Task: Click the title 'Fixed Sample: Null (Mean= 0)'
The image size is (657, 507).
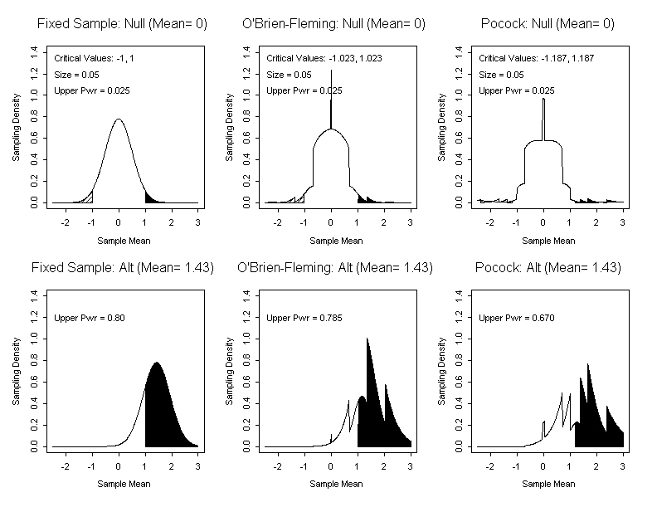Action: (x=122, y=24)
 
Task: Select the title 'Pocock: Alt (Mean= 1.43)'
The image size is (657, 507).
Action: (x=547, y=267)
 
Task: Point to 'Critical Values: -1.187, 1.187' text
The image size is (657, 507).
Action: (x=537, y=58)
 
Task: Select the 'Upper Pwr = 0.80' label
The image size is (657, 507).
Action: (x=90, y=318)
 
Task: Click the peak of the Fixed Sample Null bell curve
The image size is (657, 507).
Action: (x=119, y=119)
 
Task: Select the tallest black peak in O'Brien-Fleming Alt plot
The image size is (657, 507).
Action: (x=367, y=349)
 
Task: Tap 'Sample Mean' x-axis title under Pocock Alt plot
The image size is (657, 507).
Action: (x=548, y=484)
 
